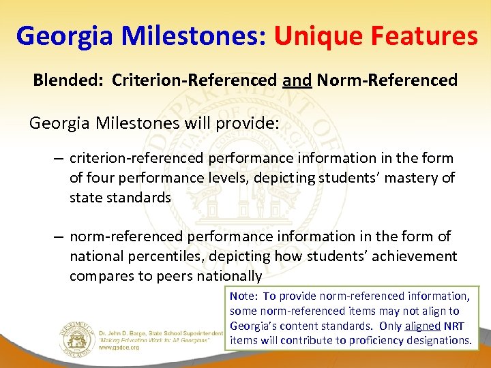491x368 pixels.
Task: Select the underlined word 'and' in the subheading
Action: [297, 80]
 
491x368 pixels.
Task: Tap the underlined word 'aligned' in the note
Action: [423, 326]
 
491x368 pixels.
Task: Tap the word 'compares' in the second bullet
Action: [98, 276]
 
